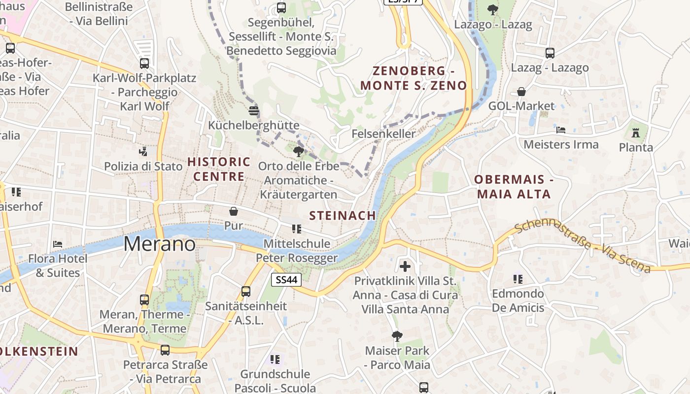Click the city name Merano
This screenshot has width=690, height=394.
click(x=159, y=244)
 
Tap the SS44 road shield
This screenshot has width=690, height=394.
click(x=286, y=280)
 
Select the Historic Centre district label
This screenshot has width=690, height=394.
click(x=219, y=169)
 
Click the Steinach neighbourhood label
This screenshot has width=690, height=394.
click(x=343, y=215)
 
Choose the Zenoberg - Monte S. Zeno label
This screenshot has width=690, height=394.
click(x=414, y=78)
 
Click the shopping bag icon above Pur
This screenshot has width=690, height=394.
click(x=234, y=211)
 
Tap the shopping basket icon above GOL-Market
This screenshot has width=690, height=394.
click(x=521, y=92)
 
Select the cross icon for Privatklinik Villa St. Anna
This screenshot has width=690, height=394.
click(x=405, y=266)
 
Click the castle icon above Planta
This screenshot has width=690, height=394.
click(x=636, y=132)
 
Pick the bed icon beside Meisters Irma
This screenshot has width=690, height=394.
click(x=561, y=130)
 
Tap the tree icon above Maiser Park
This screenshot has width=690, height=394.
click(x=397, y=336)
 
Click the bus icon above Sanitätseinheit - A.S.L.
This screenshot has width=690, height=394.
click(x=246, y=291)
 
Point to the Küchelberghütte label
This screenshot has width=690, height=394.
click(x=254, y=125)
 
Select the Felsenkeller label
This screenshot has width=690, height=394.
click(x=383, y=133)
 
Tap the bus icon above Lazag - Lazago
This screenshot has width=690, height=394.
click(x=550, y=53)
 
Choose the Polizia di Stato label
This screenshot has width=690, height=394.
click(x=143, y=166)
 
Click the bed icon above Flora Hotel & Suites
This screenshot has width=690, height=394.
click(x=58, y=244)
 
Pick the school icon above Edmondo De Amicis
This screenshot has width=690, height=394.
click(x=517, y=279)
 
